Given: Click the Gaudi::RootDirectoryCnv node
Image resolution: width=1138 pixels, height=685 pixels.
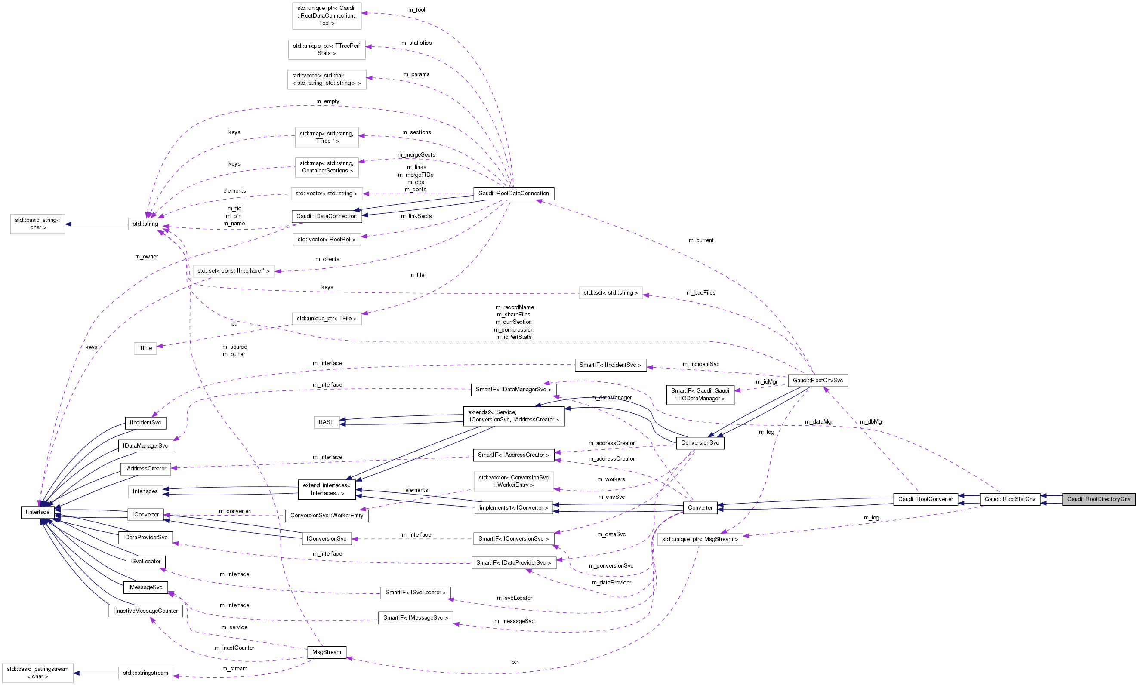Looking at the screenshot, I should click(x=1099, y=499).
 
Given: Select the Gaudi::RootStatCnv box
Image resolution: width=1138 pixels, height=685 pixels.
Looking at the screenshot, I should click(x=1010, y=499).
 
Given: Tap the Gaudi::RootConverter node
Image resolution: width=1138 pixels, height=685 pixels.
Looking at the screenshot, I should click(x=925, y=499).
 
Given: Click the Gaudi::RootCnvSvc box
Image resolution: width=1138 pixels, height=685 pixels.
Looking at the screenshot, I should click(x=817, y=381).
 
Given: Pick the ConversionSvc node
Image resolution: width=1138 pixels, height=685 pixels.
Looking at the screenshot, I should click(x=700, y=442).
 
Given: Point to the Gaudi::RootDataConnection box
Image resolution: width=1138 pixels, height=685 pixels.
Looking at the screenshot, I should click(x=514, y=194).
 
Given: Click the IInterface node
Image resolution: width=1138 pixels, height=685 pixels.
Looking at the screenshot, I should click(x=38, y=512).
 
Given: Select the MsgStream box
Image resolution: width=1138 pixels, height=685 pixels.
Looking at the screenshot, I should click(x=327, y=652).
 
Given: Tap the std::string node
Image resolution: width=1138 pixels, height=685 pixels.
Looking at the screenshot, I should click(x=145, y=224).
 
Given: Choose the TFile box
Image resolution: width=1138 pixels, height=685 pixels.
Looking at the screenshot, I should click(x=145, y=348).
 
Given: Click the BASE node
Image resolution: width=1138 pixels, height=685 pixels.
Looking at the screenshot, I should click(x=326, y=422).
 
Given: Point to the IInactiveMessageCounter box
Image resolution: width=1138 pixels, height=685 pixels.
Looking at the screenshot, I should click(x=145, y=611).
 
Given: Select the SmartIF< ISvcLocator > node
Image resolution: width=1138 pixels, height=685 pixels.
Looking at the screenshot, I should click(x=415, y=592).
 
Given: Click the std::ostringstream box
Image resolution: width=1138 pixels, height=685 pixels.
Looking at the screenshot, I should click(x=145, y=673).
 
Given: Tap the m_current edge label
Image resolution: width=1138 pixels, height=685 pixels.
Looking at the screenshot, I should click(x=700, y=240).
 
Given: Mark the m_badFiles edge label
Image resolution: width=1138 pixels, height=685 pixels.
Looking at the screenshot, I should click(x=700, y=293).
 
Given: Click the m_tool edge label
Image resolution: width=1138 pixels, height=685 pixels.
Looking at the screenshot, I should click(x=416, y=10).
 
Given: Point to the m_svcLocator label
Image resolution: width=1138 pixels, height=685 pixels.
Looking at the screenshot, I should click(x=514, y=598).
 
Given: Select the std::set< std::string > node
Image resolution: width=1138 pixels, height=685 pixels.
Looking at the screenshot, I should click(x=610, y=293).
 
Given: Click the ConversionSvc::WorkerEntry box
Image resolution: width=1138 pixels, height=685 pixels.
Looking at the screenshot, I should click(x=327, y=516).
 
